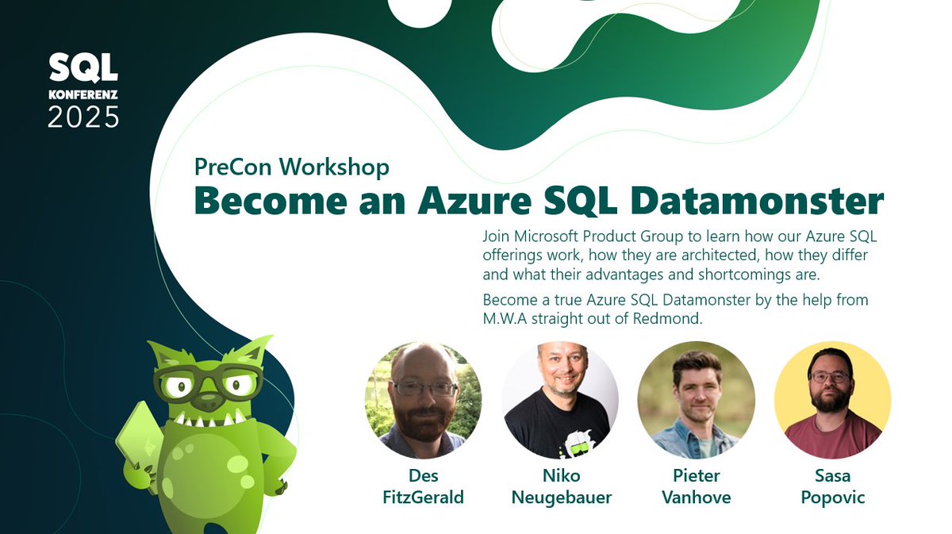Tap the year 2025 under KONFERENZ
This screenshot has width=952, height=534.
(83, 117)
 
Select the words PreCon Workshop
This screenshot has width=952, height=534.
(292, 167)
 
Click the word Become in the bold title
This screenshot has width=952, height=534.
(270, 201)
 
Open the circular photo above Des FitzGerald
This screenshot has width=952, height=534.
(423, 400)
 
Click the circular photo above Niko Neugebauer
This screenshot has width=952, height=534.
(559, 400)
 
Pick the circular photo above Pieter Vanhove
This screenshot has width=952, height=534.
(696, 400)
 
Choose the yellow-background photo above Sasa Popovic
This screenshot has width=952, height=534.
(832, 400)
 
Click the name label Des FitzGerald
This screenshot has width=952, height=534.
(423, 486)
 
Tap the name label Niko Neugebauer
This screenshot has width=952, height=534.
(559, 486)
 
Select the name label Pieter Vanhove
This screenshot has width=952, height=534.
(696, 486)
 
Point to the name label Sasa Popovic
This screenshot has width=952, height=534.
(832, 486)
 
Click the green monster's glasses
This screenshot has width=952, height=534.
(207, 383)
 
